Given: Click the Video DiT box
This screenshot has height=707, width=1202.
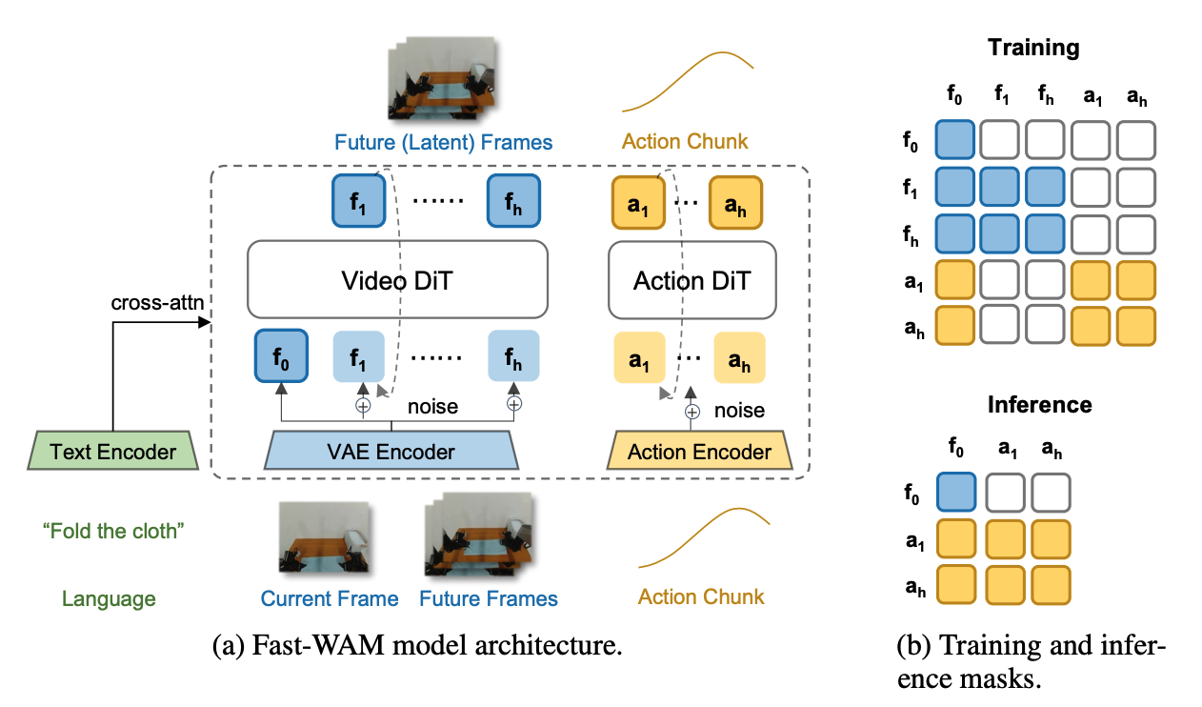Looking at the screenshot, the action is point(397,280).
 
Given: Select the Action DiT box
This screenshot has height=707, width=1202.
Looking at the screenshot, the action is point(692,280).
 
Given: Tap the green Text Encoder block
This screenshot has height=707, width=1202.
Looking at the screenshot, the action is point(113,451).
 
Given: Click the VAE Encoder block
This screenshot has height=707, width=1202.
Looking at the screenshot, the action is point(391,451).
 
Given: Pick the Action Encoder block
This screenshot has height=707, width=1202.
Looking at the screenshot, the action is point(699,451).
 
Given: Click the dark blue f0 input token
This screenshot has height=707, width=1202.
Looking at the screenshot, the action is point(281,356).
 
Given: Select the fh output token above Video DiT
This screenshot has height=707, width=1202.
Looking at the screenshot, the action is point(513,201).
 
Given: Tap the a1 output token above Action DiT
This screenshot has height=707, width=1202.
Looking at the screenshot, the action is point(638,203).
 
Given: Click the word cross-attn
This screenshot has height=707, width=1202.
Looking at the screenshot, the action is point(157,303).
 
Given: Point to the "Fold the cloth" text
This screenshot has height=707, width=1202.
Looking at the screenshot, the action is point(113,531).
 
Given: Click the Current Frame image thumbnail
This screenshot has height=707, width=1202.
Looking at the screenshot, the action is point(324,536).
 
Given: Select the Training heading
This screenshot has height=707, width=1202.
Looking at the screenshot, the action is point(1033,48).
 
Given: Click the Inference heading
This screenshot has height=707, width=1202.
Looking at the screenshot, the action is point(1039,404).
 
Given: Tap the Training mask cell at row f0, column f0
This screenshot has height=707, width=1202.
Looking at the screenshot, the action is point(955,139).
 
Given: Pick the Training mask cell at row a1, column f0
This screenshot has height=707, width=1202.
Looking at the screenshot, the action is point(955,280).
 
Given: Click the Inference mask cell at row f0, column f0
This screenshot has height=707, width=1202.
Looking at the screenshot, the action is point(956,492).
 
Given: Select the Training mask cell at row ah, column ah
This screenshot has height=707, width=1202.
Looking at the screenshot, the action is point(1136,326).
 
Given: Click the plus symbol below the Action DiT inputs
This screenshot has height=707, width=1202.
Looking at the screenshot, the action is point(692,412).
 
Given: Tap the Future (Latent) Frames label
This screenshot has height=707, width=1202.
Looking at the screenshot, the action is point(443,142).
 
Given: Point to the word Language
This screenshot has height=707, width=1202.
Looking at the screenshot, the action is point(109,598).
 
